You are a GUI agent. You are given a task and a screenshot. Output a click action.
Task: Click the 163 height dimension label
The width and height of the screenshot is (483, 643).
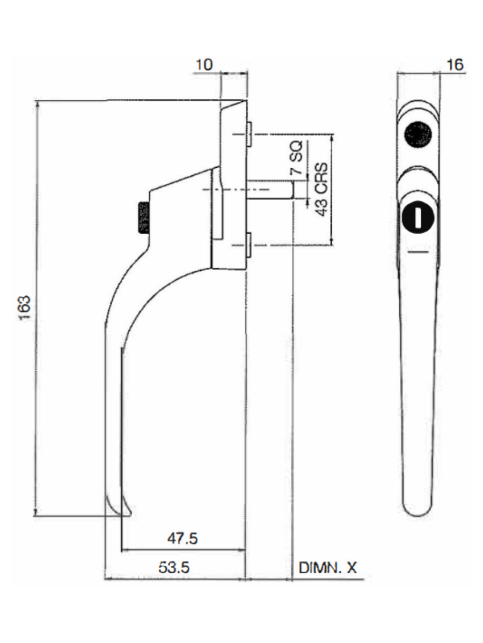point(25,308)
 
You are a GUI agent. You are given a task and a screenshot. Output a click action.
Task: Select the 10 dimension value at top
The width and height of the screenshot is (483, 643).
point(204,64)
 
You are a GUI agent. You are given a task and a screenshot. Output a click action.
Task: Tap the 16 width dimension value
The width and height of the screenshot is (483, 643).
point(456,64)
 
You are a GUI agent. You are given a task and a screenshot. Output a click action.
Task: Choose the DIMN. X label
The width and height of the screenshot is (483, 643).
point(327,567)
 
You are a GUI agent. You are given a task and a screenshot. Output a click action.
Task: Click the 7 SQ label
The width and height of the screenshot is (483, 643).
point(297,159)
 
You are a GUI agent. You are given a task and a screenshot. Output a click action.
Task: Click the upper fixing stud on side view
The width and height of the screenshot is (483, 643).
point(250,134)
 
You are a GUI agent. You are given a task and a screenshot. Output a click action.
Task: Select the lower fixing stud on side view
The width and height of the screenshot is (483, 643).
point(250,245)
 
